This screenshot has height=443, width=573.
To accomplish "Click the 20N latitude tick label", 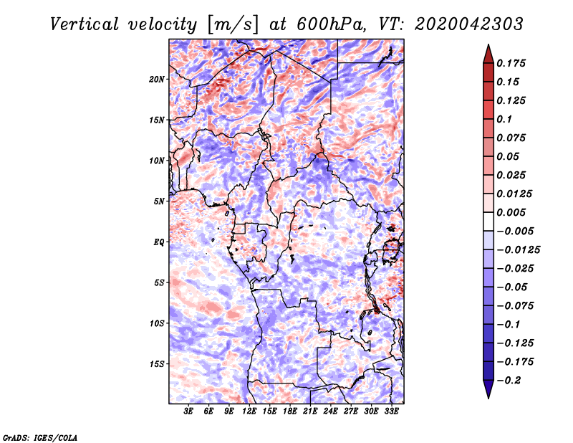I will pyautogui.click(x=157, y=79).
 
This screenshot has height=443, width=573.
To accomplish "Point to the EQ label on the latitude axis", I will pyautogui.click(x=159, y=242).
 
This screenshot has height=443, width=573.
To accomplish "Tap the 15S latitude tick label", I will pyautogui.click(x=157, y=364).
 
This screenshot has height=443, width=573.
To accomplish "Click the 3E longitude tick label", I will pyautogui.click(x=189, y=411).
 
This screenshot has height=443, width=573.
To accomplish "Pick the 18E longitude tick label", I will pyautogui.click(x=290, y=411).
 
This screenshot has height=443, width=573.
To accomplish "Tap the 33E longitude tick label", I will pyautogui.click(x=391, y=411).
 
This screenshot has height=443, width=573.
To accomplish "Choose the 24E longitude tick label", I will pyautogui.click(x=330, y=411).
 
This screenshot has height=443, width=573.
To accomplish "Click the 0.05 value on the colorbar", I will pyautogui.click(x=509, y=156).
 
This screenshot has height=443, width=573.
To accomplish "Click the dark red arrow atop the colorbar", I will pyautogui.click(x=488, y=52).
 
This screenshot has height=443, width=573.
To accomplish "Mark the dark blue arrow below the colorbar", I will pyautogui.click(x=488, y=390).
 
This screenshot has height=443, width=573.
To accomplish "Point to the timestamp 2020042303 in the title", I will pyautogui.click(x=459, y=24).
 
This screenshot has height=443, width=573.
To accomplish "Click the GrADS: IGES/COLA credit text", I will pyautogui.click(x=39, y=437).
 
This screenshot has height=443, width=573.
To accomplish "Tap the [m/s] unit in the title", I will pyautogui.click(x=232, y=24).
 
